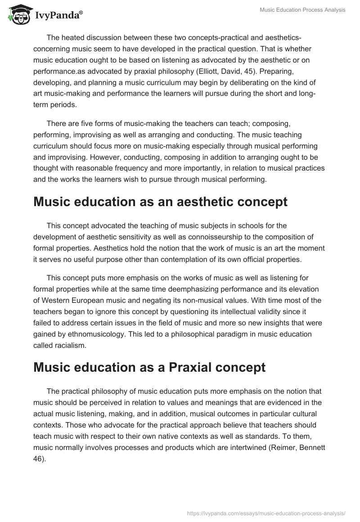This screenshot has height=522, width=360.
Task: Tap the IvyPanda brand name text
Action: tap(58, 15)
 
